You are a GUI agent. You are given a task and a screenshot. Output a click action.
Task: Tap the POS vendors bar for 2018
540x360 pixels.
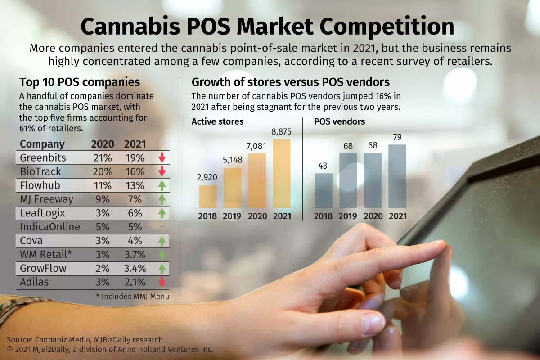pyautogui.click(x=324, y=190)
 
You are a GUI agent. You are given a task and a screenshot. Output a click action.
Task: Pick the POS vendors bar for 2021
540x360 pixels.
pyautogui.click(x=397, y=176)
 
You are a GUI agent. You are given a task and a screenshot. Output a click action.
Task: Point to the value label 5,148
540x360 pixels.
pyautogui.click(x=232, y=160)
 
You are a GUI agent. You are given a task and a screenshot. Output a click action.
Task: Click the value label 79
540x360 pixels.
pyautogui.click(x=397, y=137)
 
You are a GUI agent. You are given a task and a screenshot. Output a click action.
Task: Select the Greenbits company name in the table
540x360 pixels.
pyautogui.click(x=43, y=158)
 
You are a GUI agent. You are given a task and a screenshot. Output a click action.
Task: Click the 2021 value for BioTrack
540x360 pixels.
pyautogui.click(x=135, y=171)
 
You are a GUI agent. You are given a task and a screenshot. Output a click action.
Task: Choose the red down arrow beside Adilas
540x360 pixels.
pyautogui.click(x=162, y=282)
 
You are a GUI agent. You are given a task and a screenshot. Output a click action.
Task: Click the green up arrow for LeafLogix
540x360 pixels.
pyautogui.click(x=162, y=213)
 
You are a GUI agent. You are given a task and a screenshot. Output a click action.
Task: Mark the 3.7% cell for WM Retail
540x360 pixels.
pyautogui.click(x=135, y=254)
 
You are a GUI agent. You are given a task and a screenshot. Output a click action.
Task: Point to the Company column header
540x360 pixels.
pyautogui.click(x=42, y=144)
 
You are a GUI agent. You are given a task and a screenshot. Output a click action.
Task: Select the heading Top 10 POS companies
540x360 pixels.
pyautogui.click(x=80, y=82)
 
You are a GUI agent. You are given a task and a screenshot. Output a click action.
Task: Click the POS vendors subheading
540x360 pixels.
pyautogui.click(x=339, y=121)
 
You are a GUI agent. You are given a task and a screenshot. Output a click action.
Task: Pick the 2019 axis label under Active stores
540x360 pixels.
pyautogui.click(x=232, y=216)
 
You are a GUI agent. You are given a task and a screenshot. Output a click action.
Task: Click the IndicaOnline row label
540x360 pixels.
pyautogui.click(x=50, y=227)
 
